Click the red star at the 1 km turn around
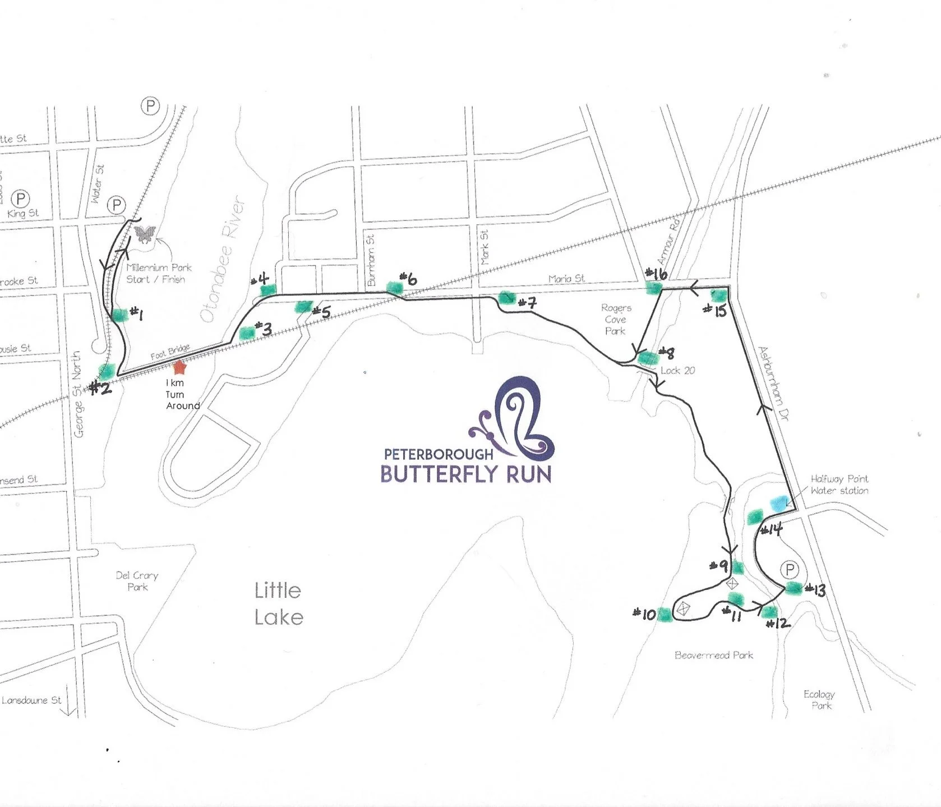[x=179, y=367]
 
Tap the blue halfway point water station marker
[x=778, y=502]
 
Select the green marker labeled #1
[x=120, y=315]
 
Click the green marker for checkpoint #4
[x=269, y=289]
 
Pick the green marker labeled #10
[x=664, y=615]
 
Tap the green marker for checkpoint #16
[x=653, y=288]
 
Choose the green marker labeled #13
[x=794, y=588]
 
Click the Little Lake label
[x=278, y=603]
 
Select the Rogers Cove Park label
[x=616, y=319]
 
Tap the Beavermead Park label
[x=713, y=655]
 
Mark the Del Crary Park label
[x=137, y=581]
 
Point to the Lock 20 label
[x=677, y=371]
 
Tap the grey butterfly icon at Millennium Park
[x=144, y=234]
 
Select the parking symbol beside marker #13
[x=790, y=570]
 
